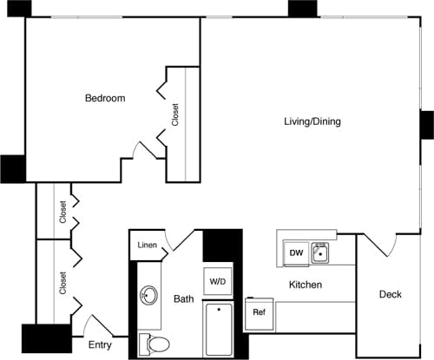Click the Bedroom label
coord(104,98)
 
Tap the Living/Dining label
coord(312,121)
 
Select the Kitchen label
coord(306,285)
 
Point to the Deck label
coord(391,295)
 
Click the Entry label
coord(100,345)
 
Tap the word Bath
coord(183,299)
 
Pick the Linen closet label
coord(148,245)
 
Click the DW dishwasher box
coord(295,252)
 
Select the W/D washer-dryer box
coord(216,281)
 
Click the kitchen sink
coord(320,252)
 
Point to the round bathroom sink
coord(148,297)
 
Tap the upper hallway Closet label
coord(63,213)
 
